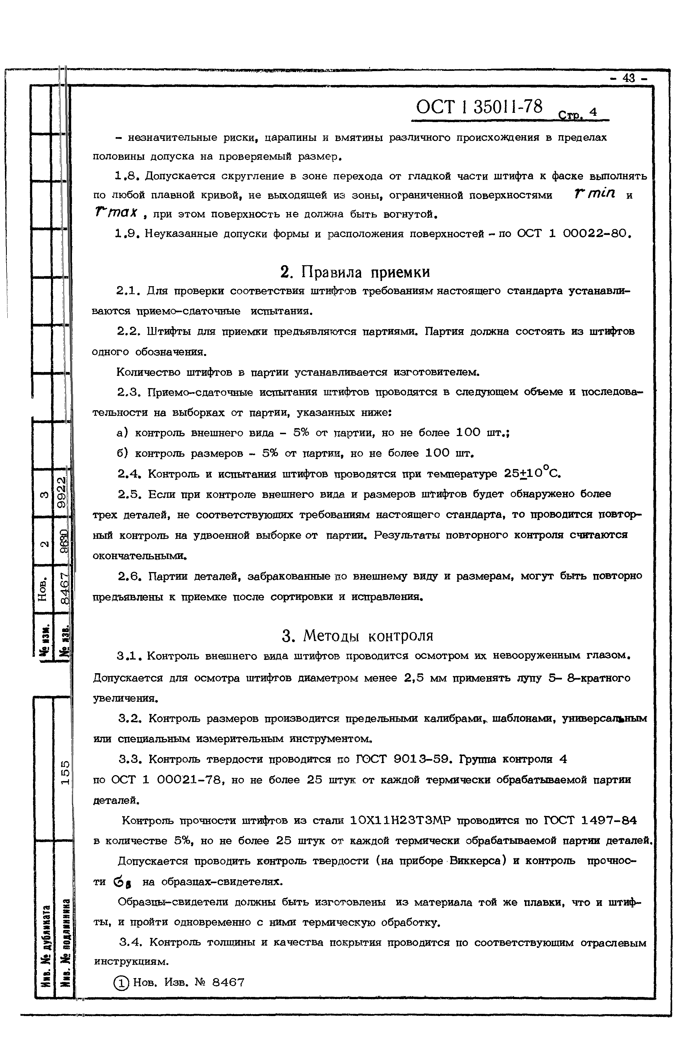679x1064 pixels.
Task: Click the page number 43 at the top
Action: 628,78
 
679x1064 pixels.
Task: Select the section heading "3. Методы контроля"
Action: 357,636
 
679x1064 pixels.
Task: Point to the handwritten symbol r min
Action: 594,194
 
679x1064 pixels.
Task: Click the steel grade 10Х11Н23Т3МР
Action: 400,821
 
